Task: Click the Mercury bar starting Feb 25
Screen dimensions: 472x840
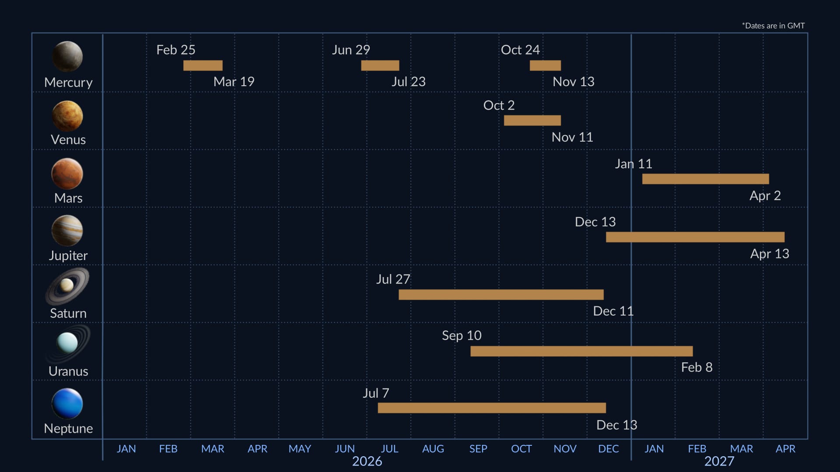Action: (203, 66)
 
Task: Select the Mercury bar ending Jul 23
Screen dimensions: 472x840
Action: (380, 66)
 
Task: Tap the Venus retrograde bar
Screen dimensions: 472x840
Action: (532, 120)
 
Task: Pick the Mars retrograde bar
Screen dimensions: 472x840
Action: (705, 179)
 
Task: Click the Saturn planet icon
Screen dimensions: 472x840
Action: (67, 286)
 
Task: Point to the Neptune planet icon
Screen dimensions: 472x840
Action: (67, 403)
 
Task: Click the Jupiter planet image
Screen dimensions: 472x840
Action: (67, 230)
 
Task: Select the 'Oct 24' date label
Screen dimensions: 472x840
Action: (520, 50)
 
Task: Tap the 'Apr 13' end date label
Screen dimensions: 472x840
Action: (770, 253)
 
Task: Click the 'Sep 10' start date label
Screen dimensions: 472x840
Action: (462, 335)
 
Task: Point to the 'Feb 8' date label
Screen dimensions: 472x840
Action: (696, 367)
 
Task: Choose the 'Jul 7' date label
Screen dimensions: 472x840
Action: (376, 393)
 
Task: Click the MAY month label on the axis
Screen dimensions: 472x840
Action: (300, 449)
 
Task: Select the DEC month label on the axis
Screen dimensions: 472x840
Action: (608, 449)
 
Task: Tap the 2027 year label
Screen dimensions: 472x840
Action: (719, 461)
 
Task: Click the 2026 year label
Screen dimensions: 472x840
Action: (367, 461)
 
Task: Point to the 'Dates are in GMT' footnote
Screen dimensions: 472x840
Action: (773, 26)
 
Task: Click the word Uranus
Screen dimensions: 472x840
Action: (68, 371)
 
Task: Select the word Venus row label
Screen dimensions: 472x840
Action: (68, 139)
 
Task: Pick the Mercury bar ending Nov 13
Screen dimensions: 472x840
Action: (545, 66)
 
